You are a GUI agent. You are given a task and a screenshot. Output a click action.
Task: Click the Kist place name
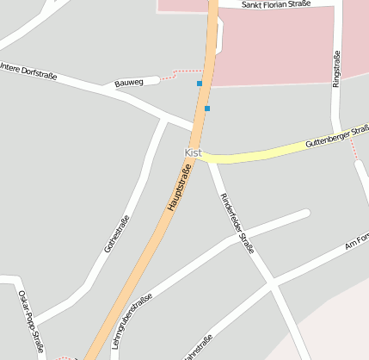(x=192, y=152)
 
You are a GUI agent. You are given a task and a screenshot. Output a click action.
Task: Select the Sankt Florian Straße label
(x=275, y=4)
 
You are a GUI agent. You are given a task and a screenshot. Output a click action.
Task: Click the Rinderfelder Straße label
(x=237, y=223)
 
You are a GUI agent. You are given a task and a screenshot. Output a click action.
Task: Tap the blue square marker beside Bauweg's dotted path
(x=200, y=84)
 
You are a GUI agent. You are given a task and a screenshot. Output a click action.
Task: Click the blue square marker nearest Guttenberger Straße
(x=207, y=109)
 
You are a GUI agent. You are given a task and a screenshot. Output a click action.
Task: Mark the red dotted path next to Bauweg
(x=181, y=72)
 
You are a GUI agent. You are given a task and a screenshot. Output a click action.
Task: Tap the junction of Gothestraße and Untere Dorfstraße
(x=163, y=119)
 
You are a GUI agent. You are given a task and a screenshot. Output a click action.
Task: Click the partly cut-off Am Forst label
(x=356, y=244)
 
